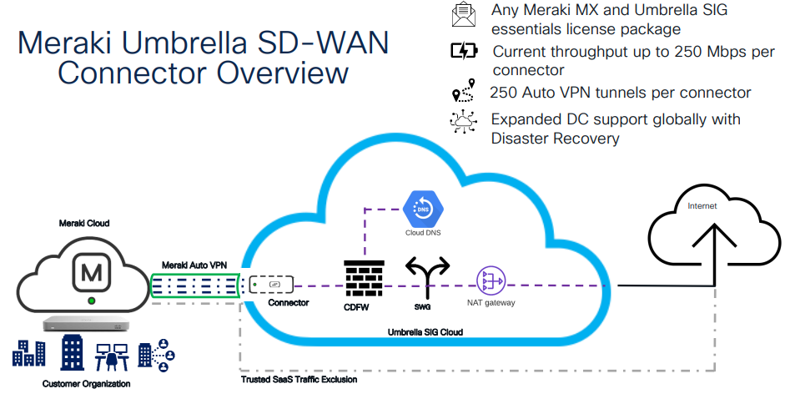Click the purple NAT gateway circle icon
coord(490,281)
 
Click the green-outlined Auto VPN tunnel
coord(196,286)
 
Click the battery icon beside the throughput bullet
coord(462,52)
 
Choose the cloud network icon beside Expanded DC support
coord(462,122)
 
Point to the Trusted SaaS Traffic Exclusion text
coord(299,380)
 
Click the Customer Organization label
coord(87,383)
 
